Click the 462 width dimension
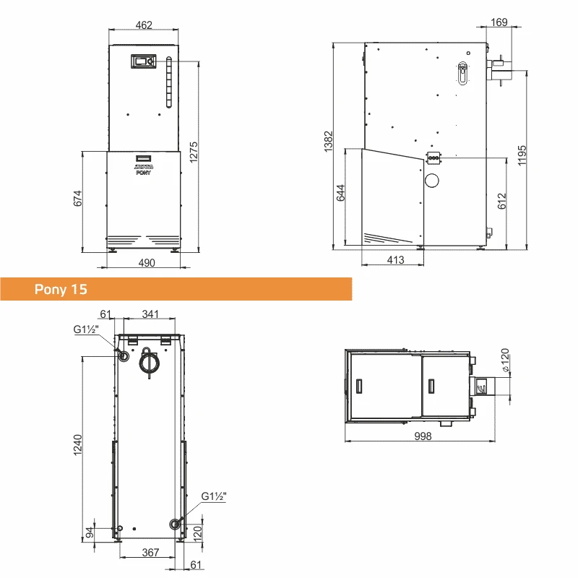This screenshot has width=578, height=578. pyautogui.click(x=144, y=25)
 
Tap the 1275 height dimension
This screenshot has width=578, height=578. pyautogui.click(x=194, y=152)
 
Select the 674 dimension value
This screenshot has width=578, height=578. pyautogui.click(x=77, y=198)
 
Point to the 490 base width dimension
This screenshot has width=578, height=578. pyautogui.click(x=147, y=263)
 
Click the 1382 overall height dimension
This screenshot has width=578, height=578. pyautogui.click(x=328, y=142)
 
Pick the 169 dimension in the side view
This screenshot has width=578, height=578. pyautogui.click(x=499, y=22)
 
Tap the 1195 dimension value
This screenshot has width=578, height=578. pyautogui.click(x=522, y=155)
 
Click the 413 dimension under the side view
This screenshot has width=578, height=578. pyautogui.click(x=395, y=260)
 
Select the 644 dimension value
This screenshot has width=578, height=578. pyautogui.click(x=340, y=193)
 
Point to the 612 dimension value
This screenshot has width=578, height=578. pyautogui.click(x=501, y=202)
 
